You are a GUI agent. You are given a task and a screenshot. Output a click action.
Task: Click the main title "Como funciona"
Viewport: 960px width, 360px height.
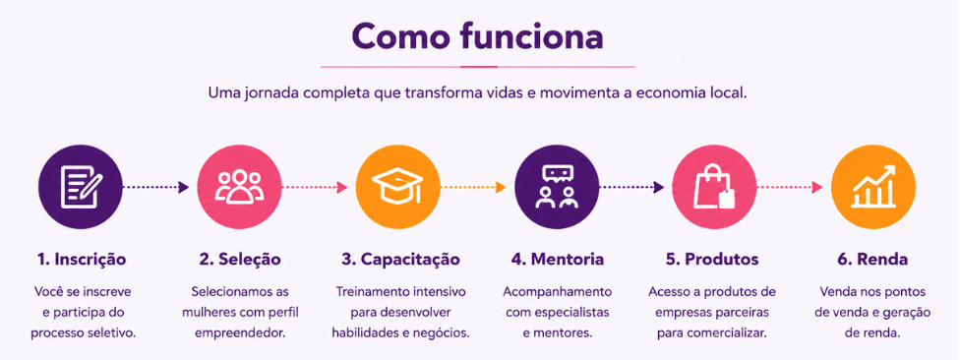(477, 36)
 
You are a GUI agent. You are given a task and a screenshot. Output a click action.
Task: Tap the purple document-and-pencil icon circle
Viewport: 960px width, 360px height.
(81, 187)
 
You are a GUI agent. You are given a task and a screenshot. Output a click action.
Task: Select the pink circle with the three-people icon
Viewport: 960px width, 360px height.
(239, 187)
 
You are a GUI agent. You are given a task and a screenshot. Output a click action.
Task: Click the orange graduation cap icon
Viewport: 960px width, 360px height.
(398, 187)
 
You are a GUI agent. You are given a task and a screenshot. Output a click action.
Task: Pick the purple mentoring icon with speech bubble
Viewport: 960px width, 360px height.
(557, 187)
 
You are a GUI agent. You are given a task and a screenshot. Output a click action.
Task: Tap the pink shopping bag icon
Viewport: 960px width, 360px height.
(714, 187)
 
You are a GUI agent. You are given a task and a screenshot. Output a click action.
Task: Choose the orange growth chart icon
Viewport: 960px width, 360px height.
(873, 187)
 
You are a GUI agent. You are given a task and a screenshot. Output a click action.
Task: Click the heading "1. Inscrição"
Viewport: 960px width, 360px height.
(82, 260)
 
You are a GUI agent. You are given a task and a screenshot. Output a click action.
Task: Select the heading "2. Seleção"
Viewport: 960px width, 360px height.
(240, 260)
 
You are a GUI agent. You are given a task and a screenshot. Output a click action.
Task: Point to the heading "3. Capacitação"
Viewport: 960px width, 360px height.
(400, 260)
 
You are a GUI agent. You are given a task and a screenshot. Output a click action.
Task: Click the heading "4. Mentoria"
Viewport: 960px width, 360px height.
(558, 260)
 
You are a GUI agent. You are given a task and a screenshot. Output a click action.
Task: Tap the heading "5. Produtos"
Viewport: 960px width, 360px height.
(713, 260)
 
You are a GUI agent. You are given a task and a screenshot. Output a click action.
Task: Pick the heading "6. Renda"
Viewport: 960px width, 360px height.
(873, 260)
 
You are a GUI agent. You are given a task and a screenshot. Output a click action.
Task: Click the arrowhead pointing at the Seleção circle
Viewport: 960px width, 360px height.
(184, 187)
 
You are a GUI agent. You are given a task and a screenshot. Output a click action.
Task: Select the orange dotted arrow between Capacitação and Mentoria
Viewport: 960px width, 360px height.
(473, 187)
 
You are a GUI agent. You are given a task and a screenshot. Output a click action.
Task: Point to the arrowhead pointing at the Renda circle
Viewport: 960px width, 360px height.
(817, 187)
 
